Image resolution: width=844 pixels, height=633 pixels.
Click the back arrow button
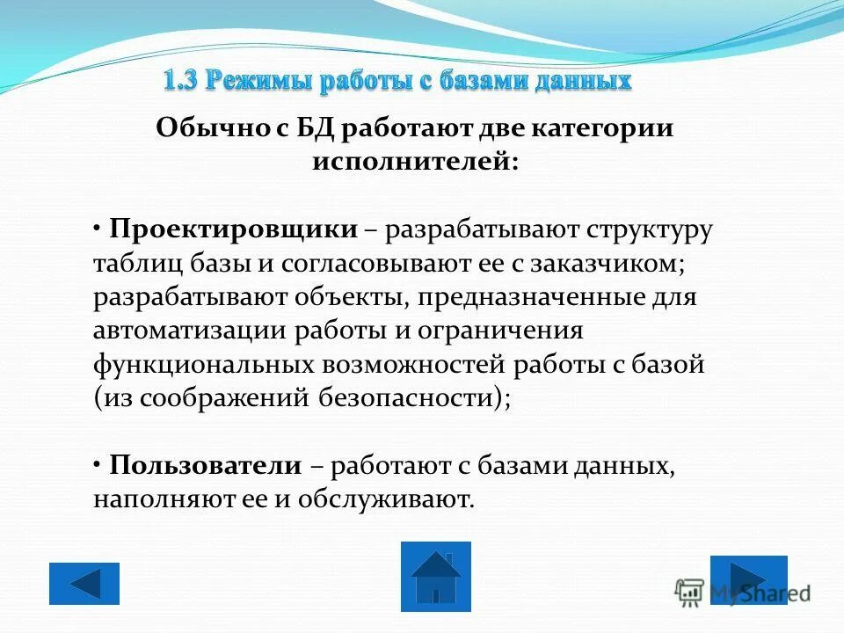coord(84,583)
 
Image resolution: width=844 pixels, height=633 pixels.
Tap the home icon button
coord(435,576)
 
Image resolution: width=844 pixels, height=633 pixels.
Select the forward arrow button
coord(748,579)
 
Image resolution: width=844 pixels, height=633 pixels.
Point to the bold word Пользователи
coord(206,466)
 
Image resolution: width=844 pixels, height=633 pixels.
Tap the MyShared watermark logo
coord(743,592)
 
